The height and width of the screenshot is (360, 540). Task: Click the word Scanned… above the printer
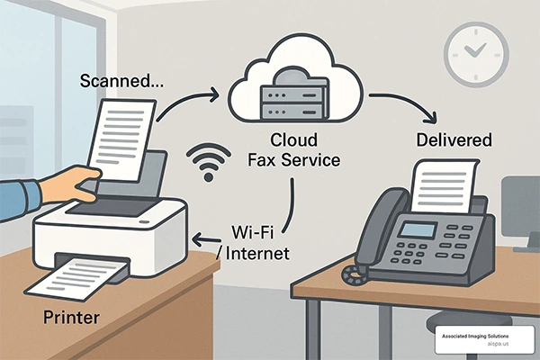(121, 81)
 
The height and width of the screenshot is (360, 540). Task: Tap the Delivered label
(454, 139)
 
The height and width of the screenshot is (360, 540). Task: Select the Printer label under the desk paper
(71, 317)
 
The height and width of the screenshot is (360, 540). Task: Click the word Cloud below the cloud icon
(293, 140)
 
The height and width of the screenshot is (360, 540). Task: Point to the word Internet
(256, 254)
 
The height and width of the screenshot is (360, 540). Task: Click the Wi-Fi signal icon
(209, 162)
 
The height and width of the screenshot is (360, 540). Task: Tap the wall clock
(476, 54)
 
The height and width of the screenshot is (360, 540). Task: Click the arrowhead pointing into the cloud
(214, 94)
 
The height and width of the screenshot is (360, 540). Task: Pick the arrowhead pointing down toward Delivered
(431, 118)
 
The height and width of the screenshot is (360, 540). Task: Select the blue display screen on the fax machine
(418, 230)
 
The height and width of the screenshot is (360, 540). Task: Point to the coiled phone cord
(354, 274)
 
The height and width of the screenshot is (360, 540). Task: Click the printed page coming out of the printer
(76, 279)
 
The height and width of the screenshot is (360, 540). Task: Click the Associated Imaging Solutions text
(475, 336)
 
